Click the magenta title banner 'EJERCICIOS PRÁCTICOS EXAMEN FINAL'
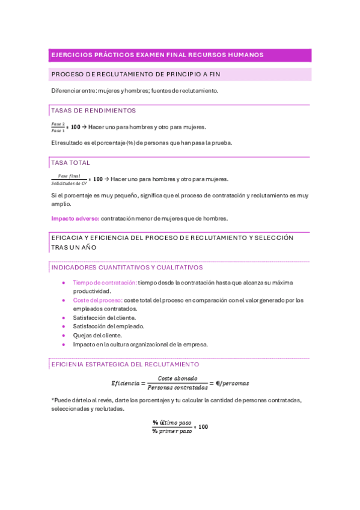[x=157, y=55]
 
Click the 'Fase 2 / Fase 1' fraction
[x=58, y=127]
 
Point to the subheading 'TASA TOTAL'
[x=71, y=163]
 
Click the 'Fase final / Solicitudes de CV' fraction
[x=69, y=179]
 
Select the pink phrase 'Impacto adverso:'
[x=75, y=218]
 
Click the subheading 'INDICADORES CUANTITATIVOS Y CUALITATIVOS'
[x=127, y=267]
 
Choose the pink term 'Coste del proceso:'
[x=97, y=300]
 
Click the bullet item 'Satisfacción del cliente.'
[x=104, y=318]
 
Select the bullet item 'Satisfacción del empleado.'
[x=108, y=327]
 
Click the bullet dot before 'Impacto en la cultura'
[x=64, y=345]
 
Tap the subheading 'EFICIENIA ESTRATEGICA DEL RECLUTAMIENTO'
[x=125, y=364]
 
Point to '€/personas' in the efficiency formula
[x=232, y=383]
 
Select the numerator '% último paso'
[x=175, y=422]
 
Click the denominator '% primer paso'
[x=175, y=431]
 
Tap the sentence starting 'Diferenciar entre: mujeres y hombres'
[x=135, y=91]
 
